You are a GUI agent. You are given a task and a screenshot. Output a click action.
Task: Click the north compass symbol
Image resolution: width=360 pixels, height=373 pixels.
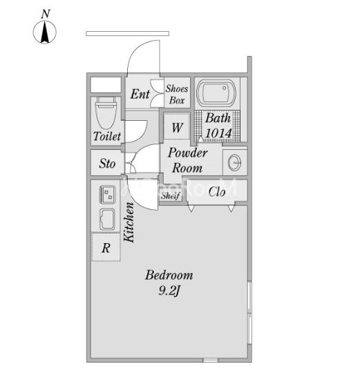point(44,32)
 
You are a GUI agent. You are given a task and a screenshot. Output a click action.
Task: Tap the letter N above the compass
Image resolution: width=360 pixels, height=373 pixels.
point(46,14)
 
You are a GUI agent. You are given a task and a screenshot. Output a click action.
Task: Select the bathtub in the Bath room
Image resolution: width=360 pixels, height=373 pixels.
point(216,93)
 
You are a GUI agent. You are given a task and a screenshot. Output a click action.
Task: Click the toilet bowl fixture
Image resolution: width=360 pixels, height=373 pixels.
point(106,113)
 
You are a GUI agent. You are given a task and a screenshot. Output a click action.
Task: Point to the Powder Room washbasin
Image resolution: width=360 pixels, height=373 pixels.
point(234,162)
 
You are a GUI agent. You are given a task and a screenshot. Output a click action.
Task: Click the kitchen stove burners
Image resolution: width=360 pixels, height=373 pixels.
point(108,194)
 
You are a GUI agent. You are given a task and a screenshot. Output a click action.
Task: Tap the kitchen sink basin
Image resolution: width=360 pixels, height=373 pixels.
point(107,220)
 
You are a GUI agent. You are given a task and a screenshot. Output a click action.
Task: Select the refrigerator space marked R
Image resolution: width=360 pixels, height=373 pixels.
point(106,247)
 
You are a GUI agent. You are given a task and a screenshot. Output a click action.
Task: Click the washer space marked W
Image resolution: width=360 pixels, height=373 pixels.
point(177,127)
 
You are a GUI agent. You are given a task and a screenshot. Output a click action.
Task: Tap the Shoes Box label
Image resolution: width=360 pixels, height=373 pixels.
point(177,95)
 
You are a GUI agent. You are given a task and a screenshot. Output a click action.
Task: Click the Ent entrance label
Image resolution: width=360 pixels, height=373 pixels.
point(140,94)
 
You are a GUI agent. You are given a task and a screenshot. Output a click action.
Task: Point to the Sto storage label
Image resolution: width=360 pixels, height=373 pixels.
point(107,164)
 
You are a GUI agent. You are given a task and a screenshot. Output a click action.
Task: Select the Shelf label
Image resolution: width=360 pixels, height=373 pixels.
point(171,195)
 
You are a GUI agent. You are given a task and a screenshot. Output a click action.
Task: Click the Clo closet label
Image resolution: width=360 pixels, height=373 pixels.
point(217,192)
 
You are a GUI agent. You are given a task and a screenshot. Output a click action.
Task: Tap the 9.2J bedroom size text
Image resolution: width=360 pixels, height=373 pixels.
point(169,291)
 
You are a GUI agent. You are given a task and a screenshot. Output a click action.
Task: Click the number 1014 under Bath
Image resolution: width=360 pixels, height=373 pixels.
point(218,133)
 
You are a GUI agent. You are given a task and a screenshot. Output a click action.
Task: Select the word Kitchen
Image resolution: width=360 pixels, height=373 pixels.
point(129,222)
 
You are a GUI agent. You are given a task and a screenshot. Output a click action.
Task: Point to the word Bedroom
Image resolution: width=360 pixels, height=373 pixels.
point(169,275)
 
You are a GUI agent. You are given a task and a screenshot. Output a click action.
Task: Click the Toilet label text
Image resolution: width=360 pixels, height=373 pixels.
point(107,136)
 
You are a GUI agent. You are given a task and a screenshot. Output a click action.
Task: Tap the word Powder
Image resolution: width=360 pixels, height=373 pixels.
point(188,153)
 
